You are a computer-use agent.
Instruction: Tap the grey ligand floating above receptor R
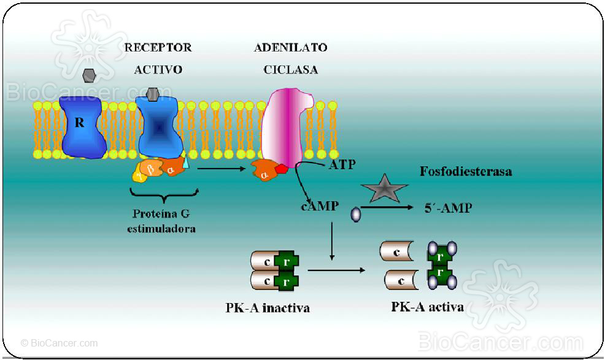89,76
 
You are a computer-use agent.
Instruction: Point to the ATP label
342,165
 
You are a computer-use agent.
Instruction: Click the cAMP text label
320,206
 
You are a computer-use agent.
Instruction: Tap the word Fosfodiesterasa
466,172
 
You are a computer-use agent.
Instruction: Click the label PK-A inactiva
268,308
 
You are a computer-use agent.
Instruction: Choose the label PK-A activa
427,306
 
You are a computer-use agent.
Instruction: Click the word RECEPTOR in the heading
158,47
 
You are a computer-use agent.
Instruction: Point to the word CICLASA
291,69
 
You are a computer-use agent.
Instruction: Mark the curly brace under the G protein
164,194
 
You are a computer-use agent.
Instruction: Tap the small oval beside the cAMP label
355,214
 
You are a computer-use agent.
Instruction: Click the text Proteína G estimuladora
164,221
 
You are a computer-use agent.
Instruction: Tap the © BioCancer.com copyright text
59,343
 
